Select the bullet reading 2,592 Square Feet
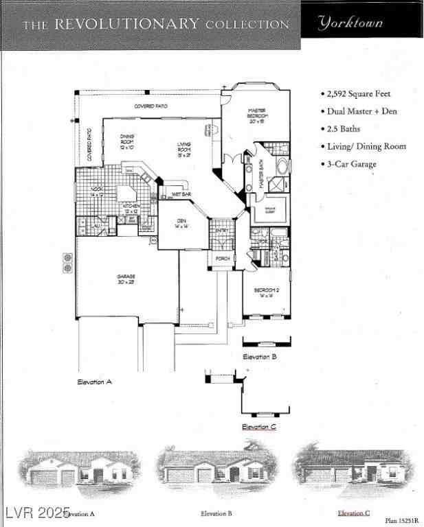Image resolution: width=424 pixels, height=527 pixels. [x=359, y=93]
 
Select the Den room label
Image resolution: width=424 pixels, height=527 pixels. [x=181, y=223]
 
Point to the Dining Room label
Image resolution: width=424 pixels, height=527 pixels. [x=127, y=142]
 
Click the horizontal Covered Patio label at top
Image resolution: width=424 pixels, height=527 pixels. [x=150, y=106]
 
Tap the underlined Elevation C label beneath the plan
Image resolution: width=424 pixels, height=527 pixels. [x=259, y=427]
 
